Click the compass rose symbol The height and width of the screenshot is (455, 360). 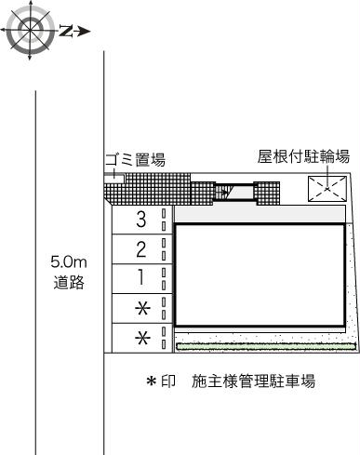click(x=28, y=31)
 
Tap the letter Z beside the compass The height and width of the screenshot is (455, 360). click(x=65, y=32)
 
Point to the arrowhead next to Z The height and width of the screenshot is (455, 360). click(x=83, y=32)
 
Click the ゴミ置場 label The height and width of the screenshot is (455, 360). click(x=135, y=161)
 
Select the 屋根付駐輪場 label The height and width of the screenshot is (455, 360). click(x=303, y=157)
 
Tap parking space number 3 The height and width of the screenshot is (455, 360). click(x=141, y=220)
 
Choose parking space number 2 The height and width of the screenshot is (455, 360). click(x=141, y=248)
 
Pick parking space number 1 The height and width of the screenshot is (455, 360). click(x=141, y=277)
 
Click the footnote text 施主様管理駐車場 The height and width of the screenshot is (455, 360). click(x=253, y=381)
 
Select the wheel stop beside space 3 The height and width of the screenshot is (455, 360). click(x=165, y=220)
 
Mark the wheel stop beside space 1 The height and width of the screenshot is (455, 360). click(x=165, y=277)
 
